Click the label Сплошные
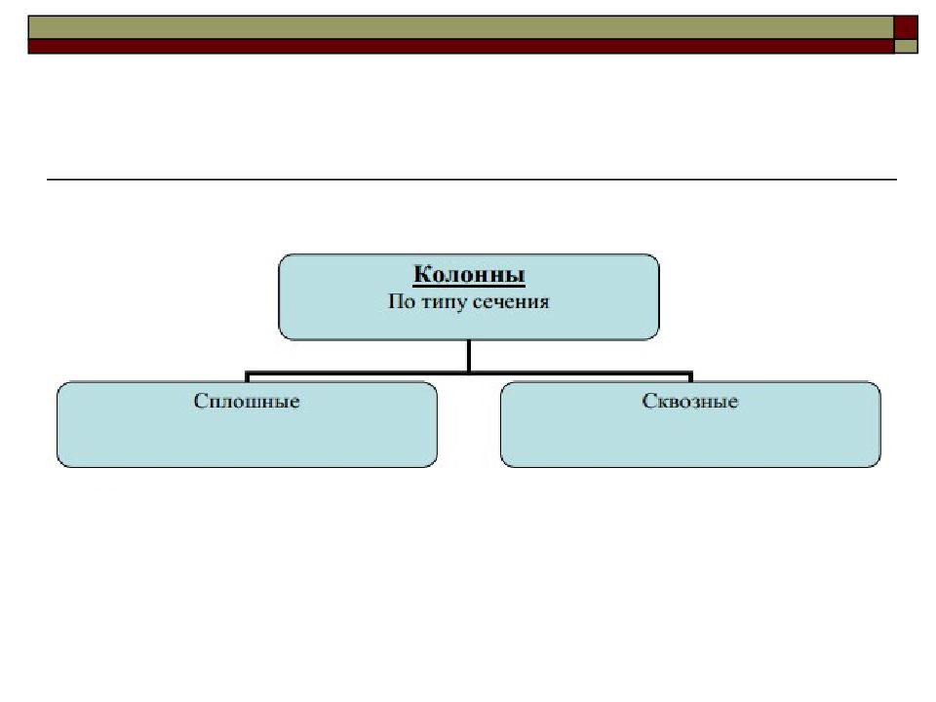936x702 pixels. tap(247, 401)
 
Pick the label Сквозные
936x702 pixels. tap(690, 401)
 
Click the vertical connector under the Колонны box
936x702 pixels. tap(469, 355)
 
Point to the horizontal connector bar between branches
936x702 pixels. tap(390, 372)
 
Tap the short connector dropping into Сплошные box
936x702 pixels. tap(248, 377)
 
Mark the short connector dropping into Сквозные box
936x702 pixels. tap(690, 377)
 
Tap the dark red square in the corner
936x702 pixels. tap(907, 26)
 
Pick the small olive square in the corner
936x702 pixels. tap(907, 46)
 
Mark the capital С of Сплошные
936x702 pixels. tap(200, 401)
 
